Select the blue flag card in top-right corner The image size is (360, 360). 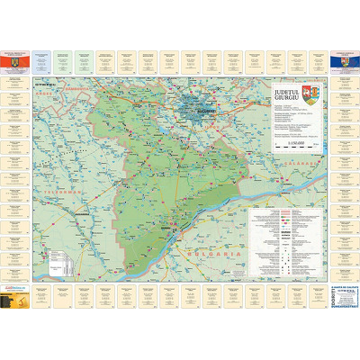(x=344, y=60)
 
